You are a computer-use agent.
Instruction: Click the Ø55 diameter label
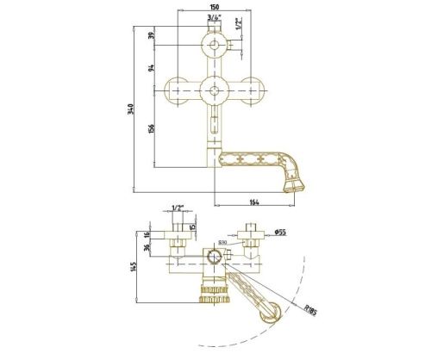point(280,232)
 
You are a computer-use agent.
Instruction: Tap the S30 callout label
point(222,244)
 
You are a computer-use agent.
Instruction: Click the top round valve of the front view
point(213,46)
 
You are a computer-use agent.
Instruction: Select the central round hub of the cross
point(213,89)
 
